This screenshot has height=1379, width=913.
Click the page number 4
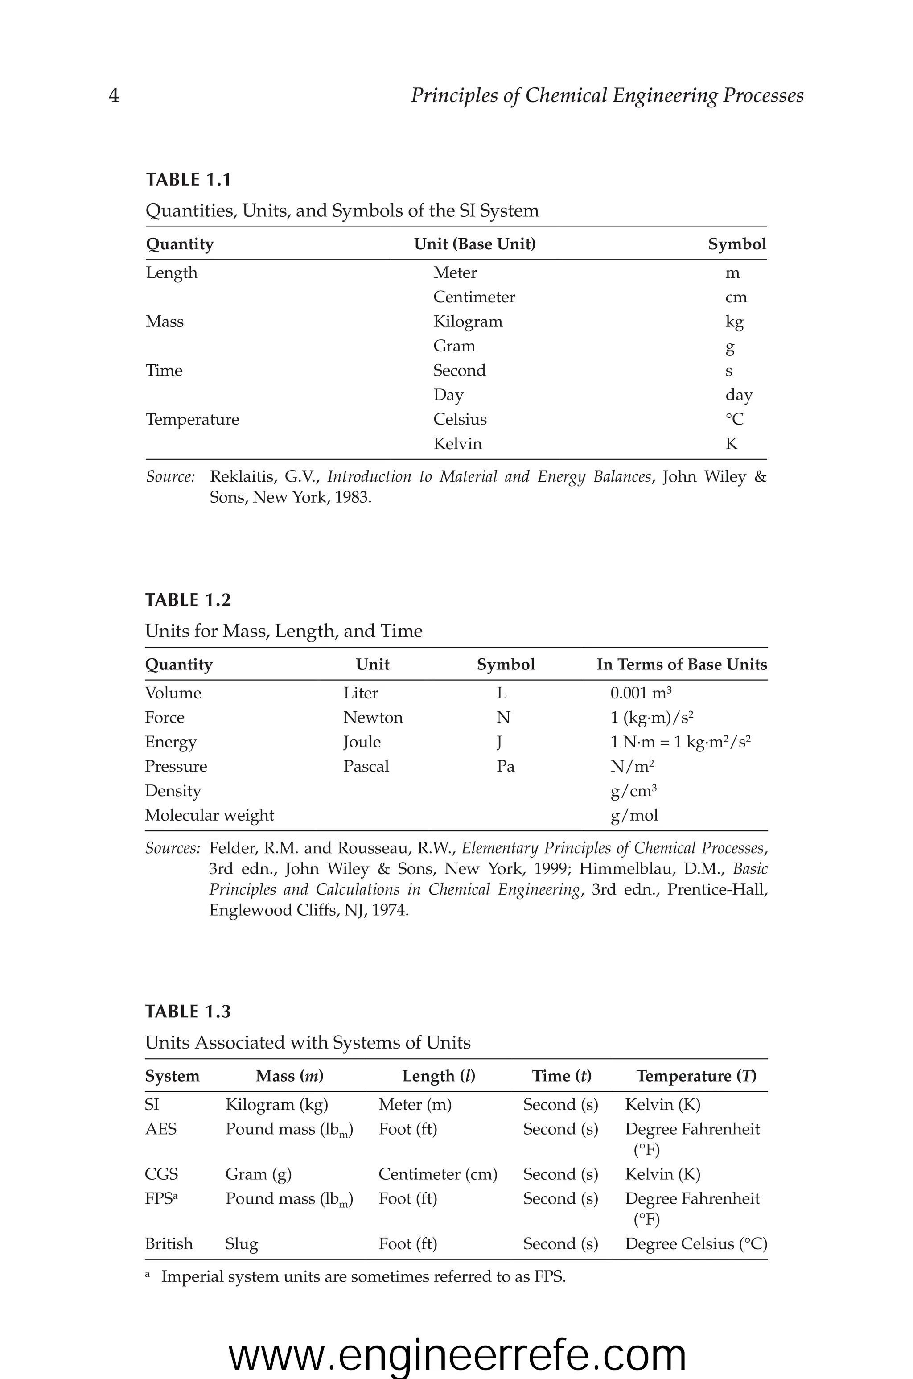(114, 95)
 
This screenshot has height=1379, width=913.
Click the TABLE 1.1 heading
(188, 179)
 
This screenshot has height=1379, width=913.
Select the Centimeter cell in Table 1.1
(474, 297)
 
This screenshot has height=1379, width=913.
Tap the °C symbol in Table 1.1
(734, 419)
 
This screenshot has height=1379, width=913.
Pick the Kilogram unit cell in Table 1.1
(468, 322)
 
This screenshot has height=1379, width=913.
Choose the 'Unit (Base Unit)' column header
(474, 244)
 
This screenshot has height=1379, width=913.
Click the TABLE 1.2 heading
(188, 600)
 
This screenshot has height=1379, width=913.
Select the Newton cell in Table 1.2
(373, 718)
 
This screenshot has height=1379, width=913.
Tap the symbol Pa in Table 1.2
(506, 766)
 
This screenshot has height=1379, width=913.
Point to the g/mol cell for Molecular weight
(634, 815)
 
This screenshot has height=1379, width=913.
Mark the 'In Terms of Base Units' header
(681, 665)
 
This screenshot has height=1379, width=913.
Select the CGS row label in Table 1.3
(161, 1174)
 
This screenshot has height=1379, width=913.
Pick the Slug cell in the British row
(241, 1244)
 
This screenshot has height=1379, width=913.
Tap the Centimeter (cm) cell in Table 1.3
(438, 1174)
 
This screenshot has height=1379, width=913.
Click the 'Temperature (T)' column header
(696, 1076)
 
